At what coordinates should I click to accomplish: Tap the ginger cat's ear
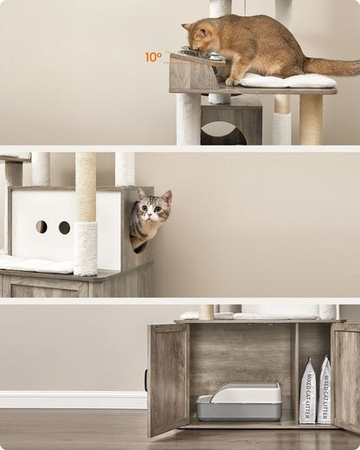202,31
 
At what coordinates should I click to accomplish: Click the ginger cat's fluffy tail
331,66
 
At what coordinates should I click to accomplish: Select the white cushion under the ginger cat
287,80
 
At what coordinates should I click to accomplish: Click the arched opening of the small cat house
223,133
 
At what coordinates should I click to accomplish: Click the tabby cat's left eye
145,208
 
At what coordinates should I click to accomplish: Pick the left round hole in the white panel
42,227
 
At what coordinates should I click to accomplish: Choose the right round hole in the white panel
64,228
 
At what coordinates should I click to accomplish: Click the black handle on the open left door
146,381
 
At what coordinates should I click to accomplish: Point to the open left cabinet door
167,380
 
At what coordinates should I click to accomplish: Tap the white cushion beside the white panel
36,264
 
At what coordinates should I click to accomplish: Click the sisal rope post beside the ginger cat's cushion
311,119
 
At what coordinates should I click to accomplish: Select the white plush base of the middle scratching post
86,248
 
